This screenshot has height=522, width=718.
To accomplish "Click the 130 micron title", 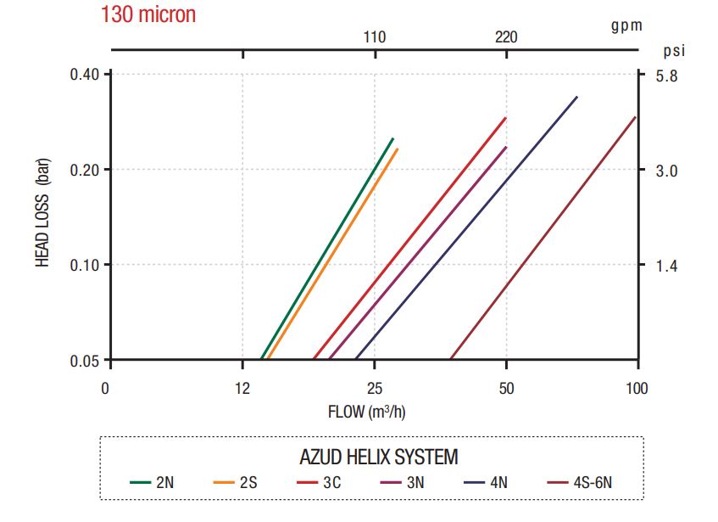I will [147, 14].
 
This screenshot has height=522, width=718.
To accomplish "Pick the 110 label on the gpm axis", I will [375, 37].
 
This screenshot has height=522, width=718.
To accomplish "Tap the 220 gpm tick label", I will [505, 37].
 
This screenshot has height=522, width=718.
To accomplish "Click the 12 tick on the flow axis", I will [242, 389].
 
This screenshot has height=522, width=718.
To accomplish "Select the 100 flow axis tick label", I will [637, 389].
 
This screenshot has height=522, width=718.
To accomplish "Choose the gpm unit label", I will [626, 25].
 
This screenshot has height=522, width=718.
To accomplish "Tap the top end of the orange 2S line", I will [397, 149].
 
